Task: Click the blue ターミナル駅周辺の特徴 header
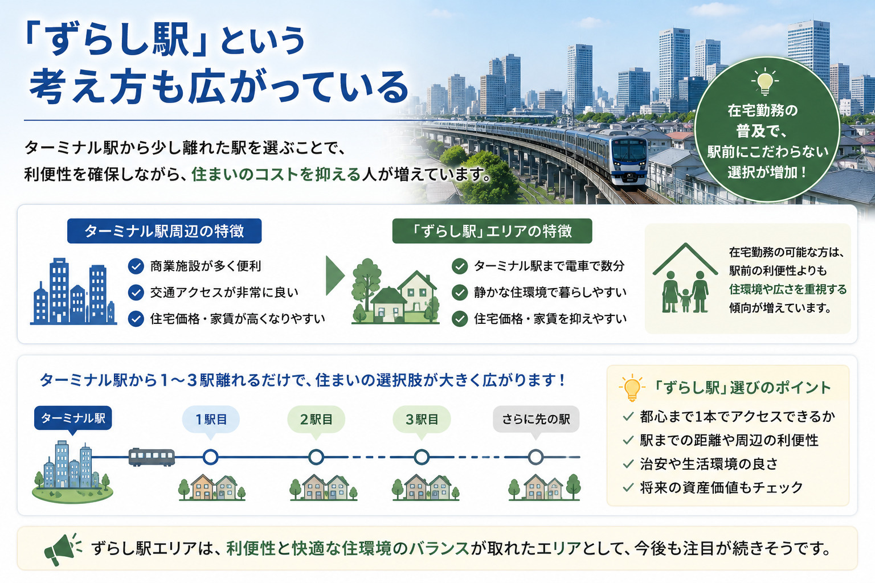(165, 231)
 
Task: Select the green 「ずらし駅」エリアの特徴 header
(492, 231)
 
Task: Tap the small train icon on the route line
(152, 457)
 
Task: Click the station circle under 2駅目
(316, 457)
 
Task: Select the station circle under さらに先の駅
(536, 457)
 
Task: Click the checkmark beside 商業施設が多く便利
(136, 266)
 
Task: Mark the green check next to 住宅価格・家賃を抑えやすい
(460, 319)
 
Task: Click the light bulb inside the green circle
(765, 82)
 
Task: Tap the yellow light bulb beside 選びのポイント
(632, 388)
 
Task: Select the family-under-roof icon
(685, 278)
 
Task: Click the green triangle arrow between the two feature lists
(335, 276)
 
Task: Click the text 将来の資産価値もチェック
(721, 487)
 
